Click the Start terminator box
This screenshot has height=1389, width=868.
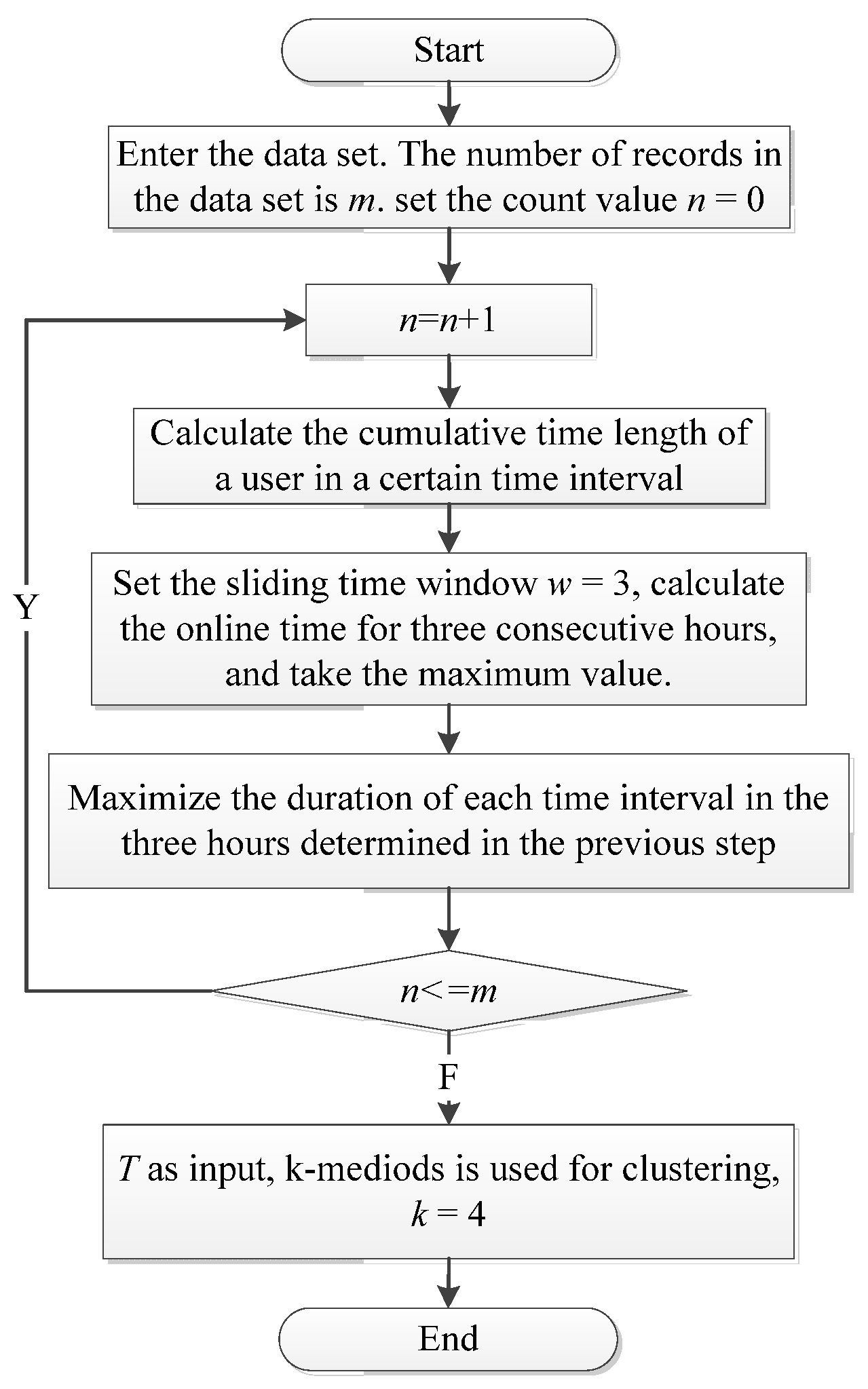[449, 51]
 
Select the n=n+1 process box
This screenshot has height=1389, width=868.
[449, 320]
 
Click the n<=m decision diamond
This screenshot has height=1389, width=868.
[449, 991]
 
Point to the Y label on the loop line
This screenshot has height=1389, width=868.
[26, 607]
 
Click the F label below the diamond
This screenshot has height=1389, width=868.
[449, 1077]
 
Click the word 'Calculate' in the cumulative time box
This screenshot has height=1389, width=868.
[222, 434]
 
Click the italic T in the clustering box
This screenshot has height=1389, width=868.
[128, 1169]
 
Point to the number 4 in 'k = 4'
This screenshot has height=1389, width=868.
[476, 1215]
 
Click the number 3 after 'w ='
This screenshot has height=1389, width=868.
[621, 584]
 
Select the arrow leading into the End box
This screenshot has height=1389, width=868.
[449, 1283]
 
